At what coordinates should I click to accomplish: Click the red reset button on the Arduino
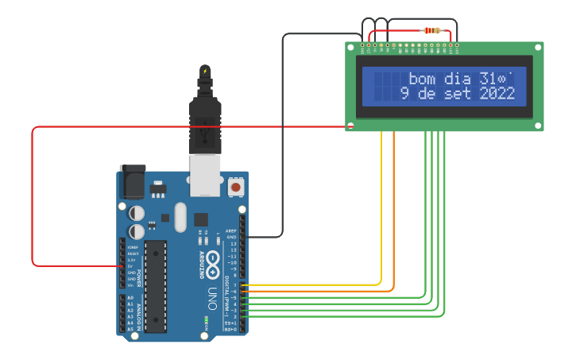(x=236, y=187)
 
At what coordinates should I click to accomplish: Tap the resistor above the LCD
(x=432, y=31)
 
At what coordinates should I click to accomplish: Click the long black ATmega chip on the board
(x=156, y=285)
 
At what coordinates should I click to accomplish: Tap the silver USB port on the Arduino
(x=206, y=175)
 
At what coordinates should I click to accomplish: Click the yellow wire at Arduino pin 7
(x=318, y=285)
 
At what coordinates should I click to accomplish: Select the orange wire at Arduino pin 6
(x=318, y=291)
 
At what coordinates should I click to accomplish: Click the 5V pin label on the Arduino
(x=131, y=266)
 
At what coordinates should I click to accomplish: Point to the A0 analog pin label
(x=130, y=297)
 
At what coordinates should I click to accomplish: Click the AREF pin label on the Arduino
(x=231, y=230)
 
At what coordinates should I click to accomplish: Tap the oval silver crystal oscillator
(x=179, y=217)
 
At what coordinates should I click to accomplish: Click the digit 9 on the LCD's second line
(x=404, y=94)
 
